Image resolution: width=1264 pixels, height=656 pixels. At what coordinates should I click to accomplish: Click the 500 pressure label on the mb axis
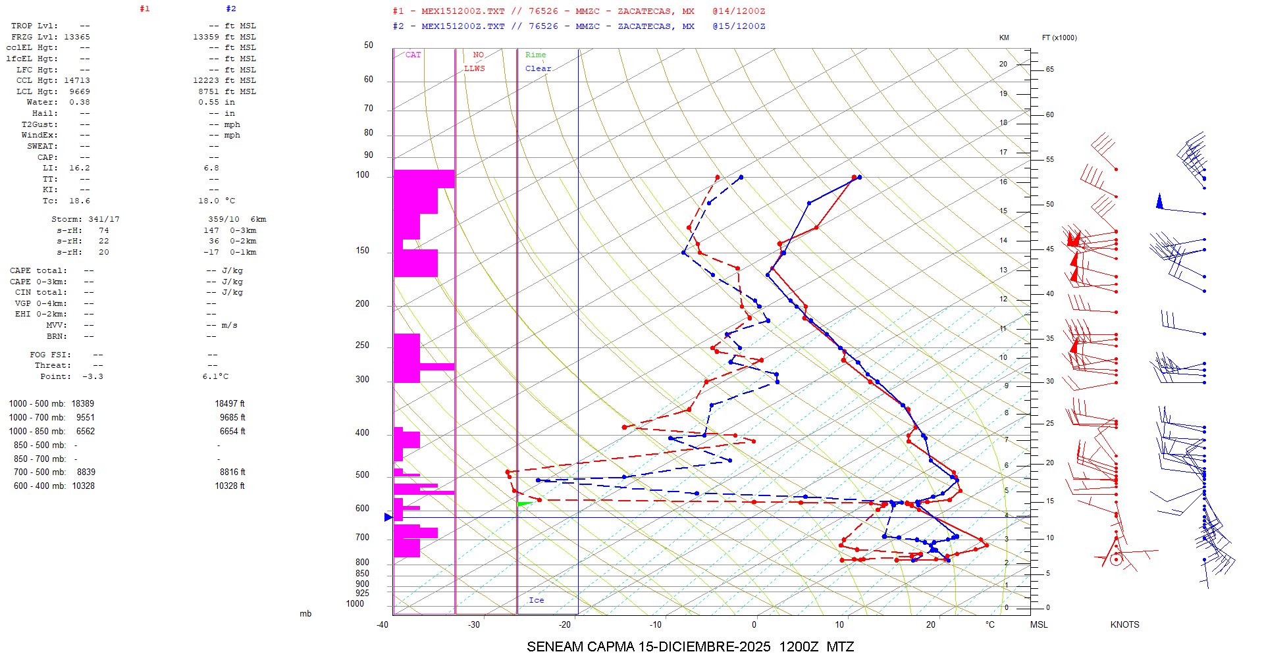pyautogui.click(x=362, y=475)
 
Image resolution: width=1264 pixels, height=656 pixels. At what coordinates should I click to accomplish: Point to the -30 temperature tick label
pyautogui.click(x=474, y=624)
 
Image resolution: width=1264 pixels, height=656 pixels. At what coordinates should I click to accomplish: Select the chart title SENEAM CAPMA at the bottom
pyautogui.click(x=690, y=647)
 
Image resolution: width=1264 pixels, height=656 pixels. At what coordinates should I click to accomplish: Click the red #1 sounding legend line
pyautogui.click(x=579, y=11)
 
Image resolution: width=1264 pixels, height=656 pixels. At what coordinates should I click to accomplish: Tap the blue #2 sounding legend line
pyautogui.click(x=579, y=26)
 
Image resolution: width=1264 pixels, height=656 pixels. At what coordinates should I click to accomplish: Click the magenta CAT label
pyautogui.click(x=413, y=55)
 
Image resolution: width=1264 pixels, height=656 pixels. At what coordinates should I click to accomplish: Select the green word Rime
pyautogui.click(x=535, y=55)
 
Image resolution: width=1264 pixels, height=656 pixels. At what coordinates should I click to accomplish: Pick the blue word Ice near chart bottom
pyautogui.click(x=536, y=600)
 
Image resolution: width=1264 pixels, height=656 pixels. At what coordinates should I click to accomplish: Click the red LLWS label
pyautogui.click(x=474, y=68)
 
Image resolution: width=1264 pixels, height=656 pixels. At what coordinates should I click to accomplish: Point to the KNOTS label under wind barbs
pyautogui.click(x=1124, y=624)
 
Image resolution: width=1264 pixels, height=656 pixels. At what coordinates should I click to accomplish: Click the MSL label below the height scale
pyautogui.click(x=1039, y=624)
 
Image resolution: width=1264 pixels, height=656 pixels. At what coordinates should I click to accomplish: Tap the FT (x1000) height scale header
pyautogui.click(x=1059, y=38)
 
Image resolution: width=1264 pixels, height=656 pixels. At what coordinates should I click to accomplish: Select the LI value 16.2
pyautogui.click(x=79, y=168)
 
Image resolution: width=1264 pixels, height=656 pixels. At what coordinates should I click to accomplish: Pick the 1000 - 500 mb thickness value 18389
pyautogui.click(x=83, y=404)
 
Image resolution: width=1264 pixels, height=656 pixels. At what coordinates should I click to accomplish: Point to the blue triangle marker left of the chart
pyautogui.click(x=388, y=517)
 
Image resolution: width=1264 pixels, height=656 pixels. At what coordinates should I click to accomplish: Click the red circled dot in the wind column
pyautogui.click(x=1116, y=560)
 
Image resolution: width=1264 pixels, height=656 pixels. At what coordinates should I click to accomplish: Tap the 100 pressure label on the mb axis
pyautogui.click(x=362, y=175)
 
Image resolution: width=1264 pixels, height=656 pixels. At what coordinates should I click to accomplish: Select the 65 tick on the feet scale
pyautogui.click(x=1049, y=69)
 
